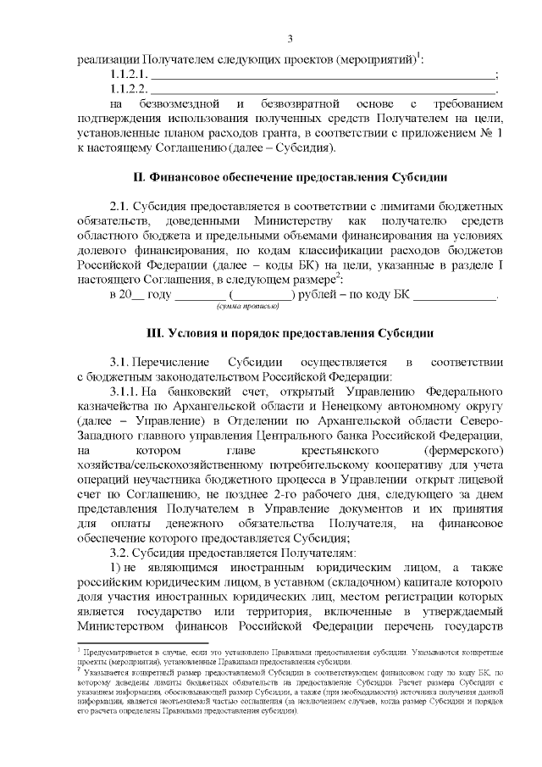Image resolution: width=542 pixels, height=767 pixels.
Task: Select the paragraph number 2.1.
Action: pos(122,208)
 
